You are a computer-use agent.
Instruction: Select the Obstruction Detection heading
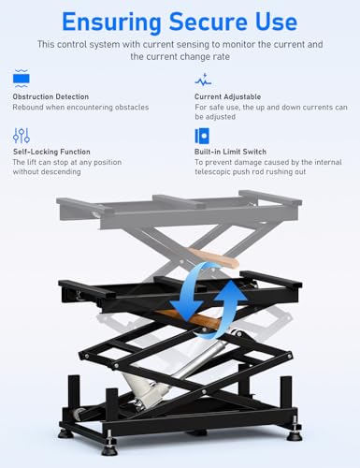pos(50,95)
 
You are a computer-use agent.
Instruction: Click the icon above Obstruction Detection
pos(21,80)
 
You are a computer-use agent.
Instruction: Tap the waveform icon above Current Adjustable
pos(202,80)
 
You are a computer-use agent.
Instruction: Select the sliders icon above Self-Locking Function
pos(21,134)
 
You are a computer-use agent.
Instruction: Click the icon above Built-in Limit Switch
pos(202,134)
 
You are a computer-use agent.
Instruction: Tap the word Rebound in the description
pos(29,108)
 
